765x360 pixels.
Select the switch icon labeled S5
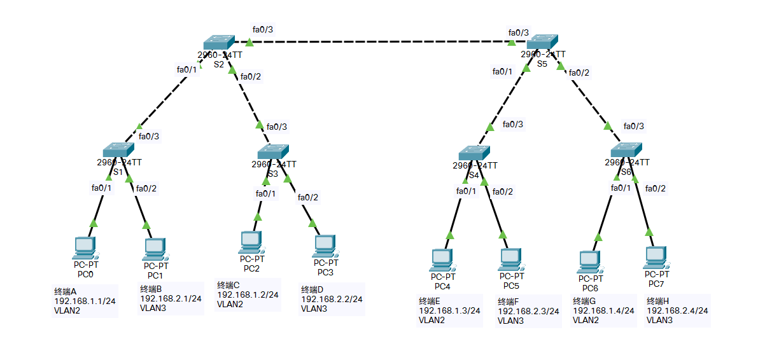coord(542,42)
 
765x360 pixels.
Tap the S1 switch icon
coord(118,150)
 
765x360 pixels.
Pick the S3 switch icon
coord(273,151)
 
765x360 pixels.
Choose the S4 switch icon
coord(474,153)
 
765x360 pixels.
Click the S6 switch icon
coord(626,151)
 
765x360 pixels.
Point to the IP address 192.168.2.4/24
coord(677,310)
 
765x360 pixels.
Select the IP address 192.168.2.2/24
coord(332,298)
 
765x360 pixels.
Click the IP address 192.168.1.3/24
coord(449,310)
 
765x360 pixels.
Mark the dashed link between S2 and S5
coord(382,42)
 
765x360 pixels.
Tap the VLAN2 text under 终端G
coord(587,321)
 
